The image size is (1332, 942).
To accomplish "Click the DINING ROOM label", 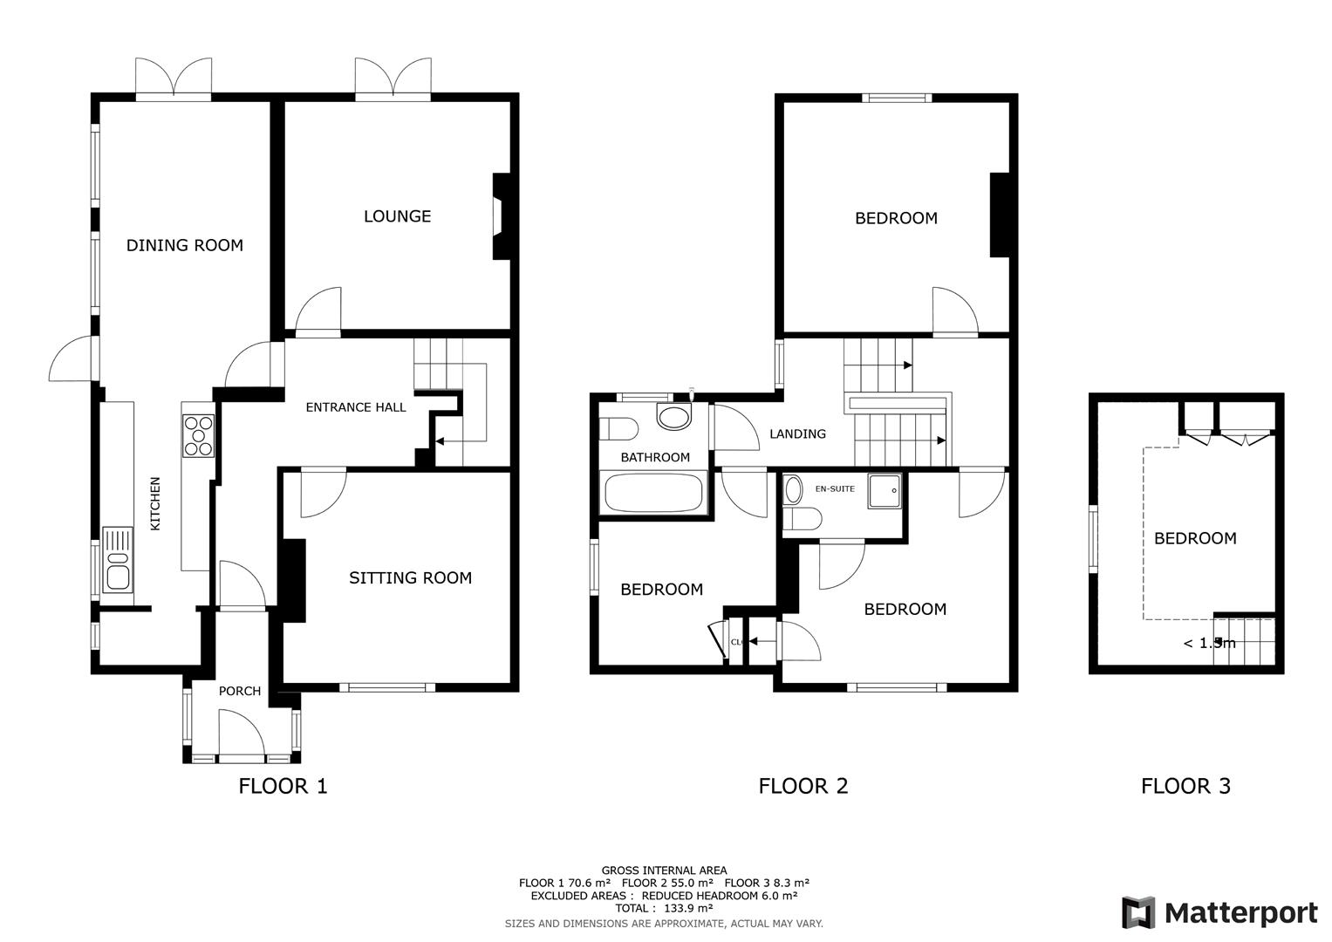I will pyautogui.click(x=184, y=245).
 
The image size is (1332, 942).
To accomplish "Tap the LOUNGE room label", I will pyautogui.click(x=397, y=216).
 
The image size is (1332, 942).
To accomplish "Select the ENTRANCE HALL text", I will pyautogui.click(x=355, y=407).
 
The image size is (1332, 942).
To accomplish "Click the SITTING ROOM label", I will pyautogui.click(x=410, y=577).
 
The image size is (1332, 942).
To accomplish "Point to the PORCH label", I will pyautogui.click(x=239, y=691).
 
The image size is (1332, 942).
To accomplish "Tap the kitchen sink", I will pyautogui.click(x=117, y=558).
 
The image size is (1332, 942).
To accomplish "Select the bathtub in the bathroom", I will pyautogui.click(x=654, y=493).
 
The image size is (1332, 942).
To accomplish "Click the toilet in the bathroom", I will pyautogui.click(x=618, y=429).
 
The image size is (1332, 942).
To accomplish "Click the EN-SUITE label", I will pyautogui.click(x=835, y=489).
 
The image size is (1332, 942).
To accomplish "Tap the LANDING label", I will pyautogui.click(x=797, y=433).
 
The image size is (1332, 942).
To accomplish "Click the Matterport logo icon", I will pyautogui.click(x=1138, y=912).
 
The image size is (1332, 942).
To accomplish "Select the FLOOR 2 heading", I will pyautogui.click(x=803, y=786).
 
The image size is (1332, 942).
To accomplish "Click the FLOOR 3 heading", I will pyautogui.click(x=1185, y=786).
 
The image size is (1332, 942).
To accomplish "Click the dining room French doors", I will pyautogui.click(x=174, y=79).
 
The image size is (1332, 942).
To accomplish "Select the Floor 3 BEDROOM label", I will pyautogui.click(x=1194, y=538).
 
